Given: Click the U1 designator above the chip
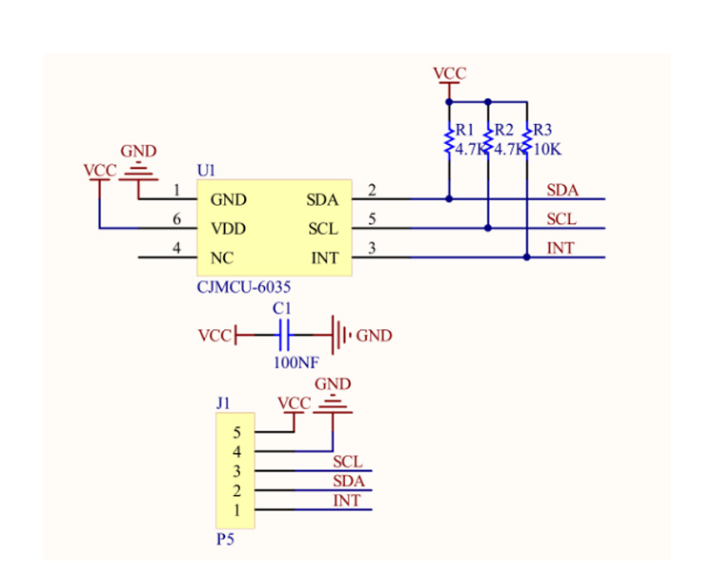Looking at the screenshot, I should point(207,170).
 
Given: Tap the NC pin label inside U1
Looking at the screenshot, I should point(222,258).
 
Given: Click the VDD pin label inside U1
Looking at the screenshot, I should point(229,229).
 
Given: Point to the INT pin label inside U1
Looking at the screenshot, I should point(324,258).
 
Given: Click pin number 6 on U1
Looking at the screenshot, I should point(177,219).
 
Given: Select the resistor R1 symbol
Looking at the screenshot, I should point(448,140).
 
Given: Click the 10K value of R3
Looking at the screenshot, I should point(548,150).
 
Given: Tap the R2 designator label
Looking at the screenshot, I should point(503,130).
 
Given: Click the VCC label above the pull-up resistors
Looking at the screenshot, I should point(449,73).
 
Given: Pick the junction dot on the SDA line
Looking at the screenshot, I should point(449,199).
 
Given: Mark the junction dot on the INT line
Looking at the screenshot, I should point(526,258).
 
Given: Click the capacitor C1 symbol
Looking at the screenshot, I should point(282,335).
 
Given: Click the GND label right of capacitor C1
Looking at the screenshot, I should point(374,336).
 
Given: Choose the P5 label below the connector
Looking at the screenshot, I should point(225,539).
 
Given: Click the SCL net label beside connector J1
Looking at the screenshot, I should point(347,462).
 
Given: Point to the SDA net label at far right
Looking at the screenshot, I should point(562,190).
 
